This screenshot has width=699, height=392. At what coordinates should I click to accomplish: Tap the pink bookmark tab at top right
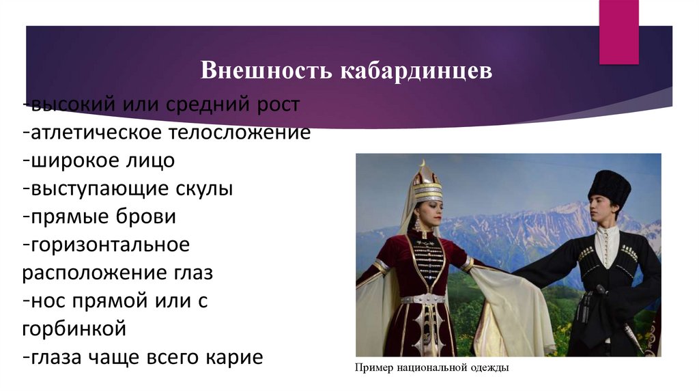pos(618,31)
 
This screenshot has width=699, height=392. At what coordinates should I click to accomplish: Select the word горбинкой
pos(74,328)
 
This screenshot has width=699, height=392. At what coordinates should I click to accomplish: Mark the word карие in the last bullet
pos(231,356)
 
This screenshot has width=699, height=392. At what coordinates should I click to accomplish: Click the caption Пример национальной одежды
pos(431,368)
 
